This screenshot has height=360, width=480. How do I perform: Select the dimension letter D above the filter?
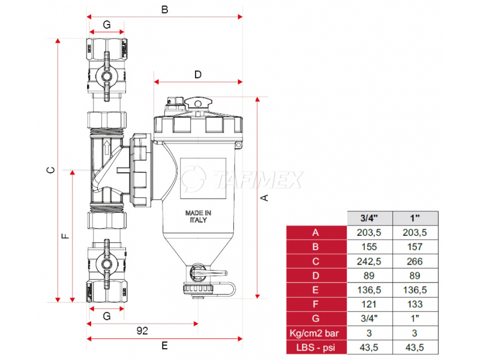[x=197, y=74]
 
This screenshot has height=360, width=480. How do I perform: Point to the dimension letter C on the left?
[x=52, y=170]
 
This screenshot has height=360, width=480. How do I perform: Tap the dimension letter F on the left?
[x=66, y=236]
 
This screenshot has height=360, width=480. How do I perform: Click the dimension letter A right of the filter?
[x=265, y=197]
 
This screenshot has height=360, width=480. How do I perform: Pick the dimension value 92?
[x=142, y=330]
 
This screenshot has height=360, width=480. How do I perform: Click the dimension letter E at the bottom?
[x=164, y=346]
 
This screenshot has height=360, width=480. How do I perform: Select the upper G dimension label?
[x=106, y=25]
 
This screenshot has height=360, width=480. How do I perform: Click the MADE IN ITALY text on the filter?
[x=197, y=217]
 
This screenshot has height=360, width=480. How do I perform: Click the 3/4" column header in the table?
[x=370, y=218]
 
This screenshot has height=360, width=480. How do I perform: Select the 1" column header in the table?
[x=415, y=218]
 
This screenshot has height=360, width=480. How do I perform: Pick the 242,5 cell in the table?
[x=370, y=261]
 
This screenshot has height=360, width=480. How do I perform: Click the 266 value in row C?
[x=415, y=261]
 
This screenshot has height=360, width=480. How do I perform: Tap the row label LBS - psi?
[x=316, y=347]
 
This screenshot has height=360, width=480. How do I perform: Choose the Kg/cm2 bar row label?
[x=316, y=333]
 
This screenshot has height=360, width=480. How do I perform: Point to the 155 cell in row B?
[x=370, y=247]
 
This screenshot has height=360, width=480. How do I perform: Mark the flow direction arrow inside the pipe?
[x=106, y=147]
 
